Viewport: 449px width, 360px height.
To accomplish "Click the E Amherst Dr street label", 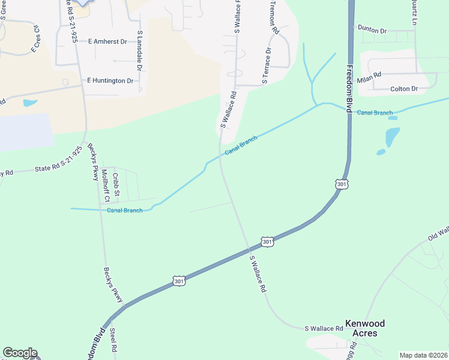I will (x=107, y=42).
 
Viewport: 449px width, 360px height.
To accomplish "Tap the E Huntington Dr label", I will (x=110, y=80).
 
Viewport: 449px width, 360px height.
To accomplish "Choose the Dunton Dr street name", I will (x=372, y=29).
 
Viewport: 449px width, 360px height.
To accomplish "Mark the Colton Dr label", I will (x=404, y=89).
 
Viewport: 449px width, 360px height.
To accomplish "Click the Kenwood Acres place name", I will (x=365, y=328).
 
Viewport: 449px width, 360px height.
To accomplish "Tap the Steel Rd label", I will (x=113, y=340).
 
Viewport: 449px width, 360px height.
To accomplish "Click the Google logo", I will (x=20, y=353).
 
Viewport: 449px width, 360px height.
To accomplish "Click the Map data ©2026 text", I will (x=423, y=355).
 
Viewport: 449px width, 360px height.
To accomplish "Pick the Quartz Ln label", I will (x=414, y=12).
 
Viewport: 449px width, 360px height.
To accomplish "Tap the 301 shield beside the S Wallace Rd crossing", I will (x=268, y=242).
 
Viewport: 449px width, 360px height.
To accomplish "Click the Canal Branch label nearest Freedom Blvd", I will (x=375, y=113).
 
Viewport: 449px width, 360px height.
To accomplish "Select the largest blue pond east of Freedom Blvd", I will (x=392, y=137).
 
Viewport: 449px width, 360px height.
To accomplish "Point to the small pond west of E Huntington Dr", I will (x=30, y=103).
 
